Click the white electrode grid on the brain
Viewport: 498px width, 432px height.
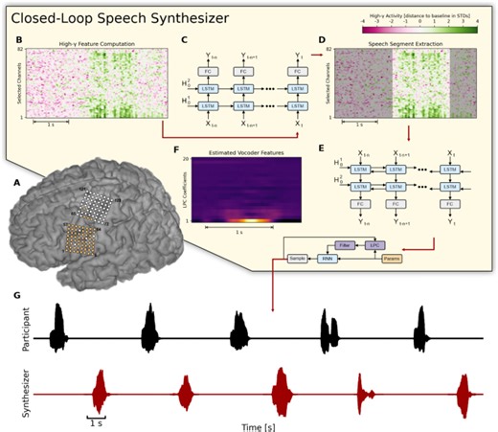pyautogui.click(x=96, y=206)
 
